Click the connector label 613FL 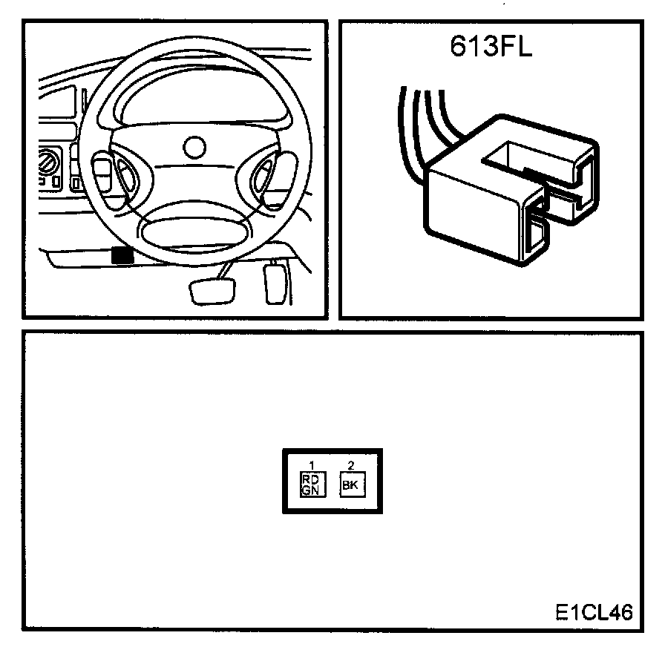pos(491,47)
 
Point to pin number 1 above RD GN pos(312,465)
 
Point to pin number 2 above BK pos(351,465)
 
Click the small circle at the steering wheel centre pos(195,146)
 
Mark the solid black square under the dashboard pos(122,255)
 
